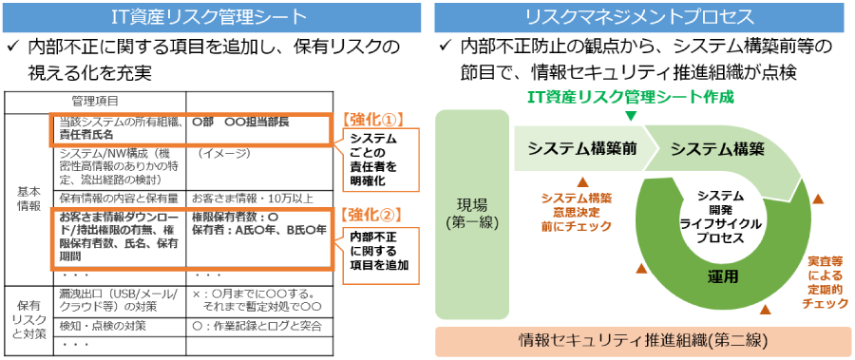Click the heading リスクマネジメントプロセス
pyautogui.click(x=641, y=16)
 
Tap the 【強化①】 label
pyautogui.click(x=371, y=120)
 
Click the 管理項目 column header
pyautogui.click(x=96, y=100)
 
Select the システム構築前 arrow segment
pyautogui.click(x=583, y=148)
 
